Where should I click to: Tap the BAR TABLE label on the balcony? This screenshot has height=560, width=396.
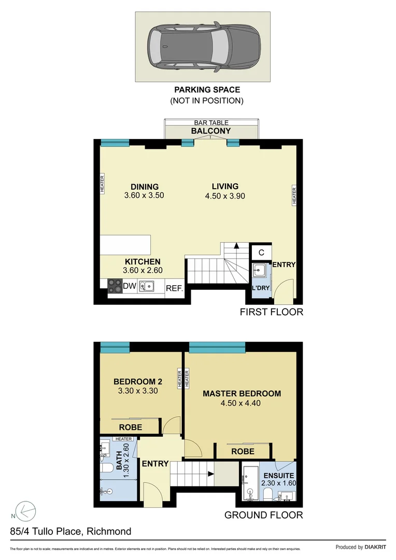click(211, 123)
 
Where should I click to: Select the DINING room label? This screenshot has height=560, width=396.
click(145, 187)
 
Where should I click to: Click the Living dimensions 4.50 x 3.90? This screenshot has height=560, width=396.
click(225, 196)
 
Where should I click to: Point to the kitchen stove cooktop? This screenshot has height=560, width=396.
click(114, 286)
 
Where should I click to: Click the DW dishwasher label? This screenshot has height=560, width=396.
click(129, 286)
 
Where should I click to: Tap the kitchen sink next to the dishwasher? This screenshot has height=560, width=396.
click(148, 286)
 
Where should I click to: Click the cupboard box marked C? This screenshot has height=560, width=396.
click(261, 253)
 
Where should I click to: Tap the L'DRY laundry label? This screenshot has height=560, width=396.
click(260, 288)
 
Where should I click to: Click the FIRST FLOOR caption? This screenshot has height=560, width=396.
click(271, 312)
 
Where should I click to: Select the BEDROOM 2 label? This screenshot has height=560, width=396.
click(135, 382)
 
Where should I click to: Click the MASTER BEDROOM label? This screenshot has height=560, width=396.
click(242, 394)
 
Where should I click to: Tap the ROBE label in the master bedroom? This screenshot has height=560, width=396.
click(243, 452)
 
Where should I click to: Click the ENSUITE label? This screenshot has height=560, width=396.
click(279, 475)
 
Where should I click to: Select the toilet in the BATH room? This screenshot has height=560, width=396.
click(106, 469)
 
